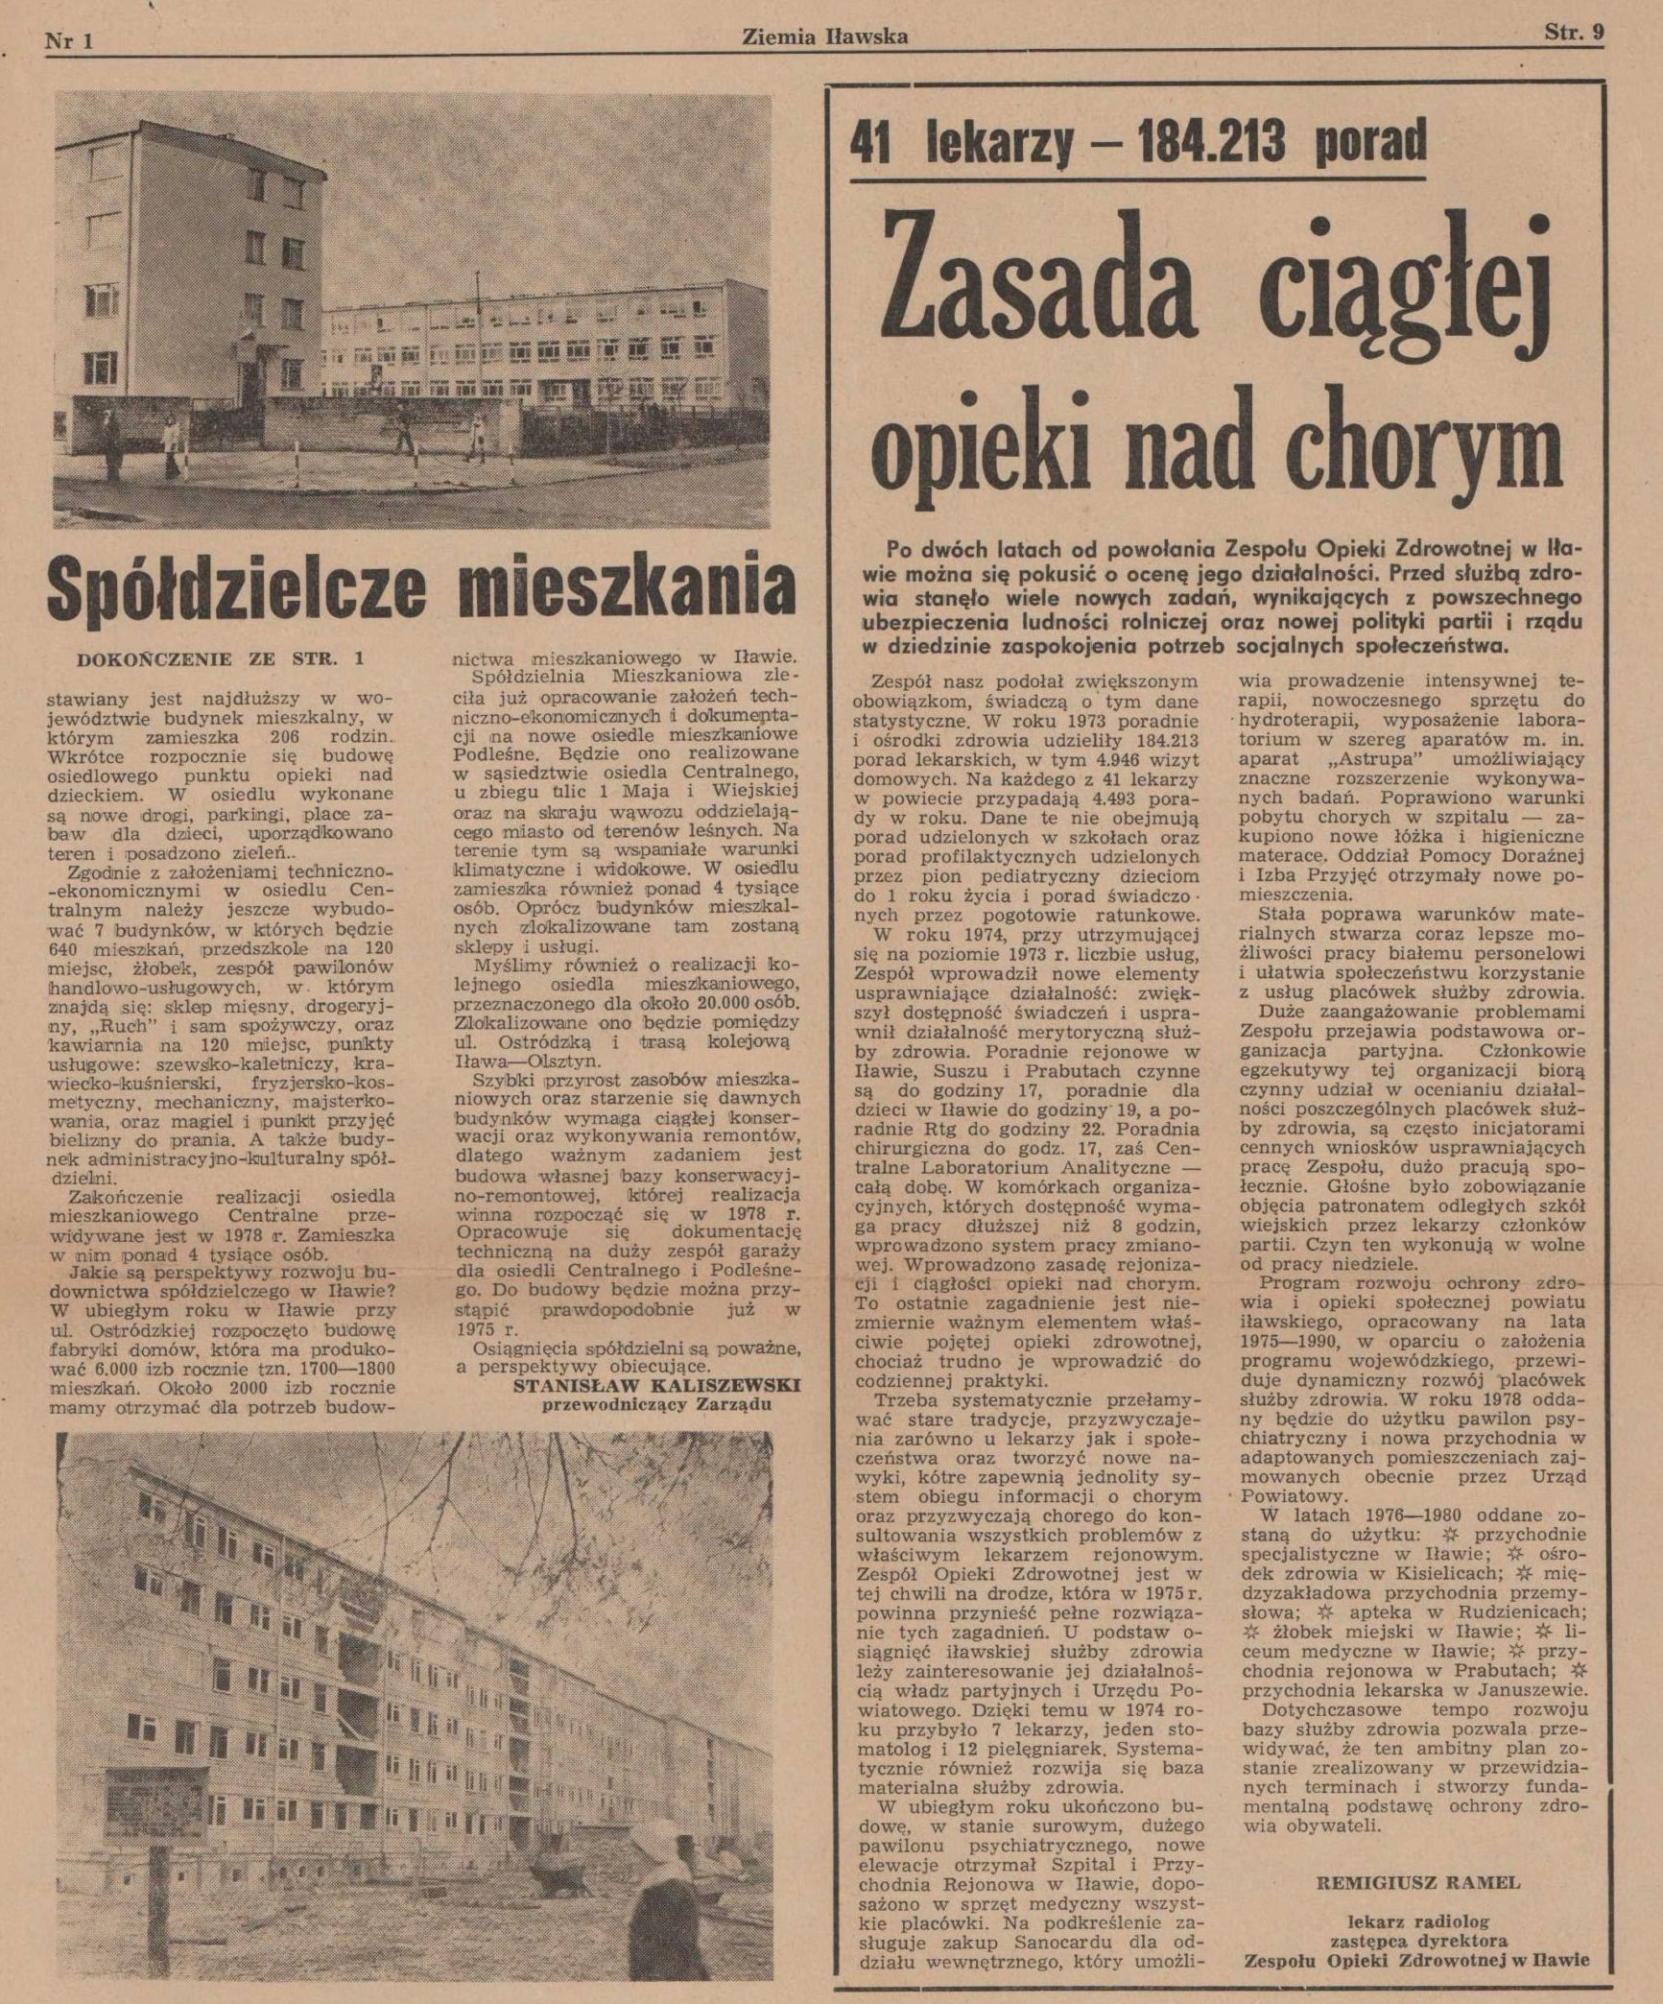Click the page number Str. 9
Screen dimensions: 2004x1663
click(x=1574, y=36)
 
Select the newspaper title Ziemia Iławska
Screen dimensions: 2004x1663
click(x=825, y=37)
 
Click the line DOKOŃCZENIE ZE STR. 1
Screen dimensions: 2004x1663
click(x=220, y=658)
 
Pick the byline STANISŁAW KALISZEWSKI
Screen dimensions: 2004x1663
click(x=656, y=1386)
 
